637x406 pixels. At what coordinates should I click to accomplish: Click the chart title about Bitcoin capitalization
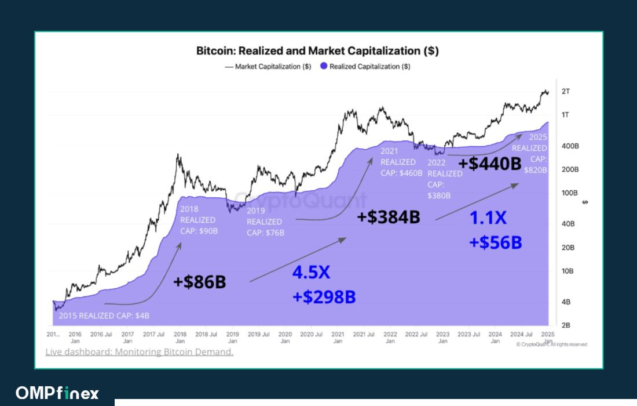[x=317, y=51]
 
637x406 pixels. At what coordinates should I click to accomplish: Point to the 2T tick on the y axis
[x=566, y=92]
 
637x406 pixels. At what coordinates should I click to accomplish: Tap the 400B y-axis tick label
[x=569, y=146]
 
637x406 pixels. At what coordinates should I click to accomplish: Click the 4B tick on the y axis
[x=566, y=302]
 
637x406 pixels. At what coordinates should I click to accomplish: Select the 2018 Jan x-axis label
[x=180, y=338]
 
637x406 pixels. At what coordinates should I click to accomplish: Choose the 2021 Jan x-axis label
[x=338, y=338]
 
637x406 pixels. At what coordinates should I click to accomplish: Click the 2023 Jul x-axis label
[x=468, y=335]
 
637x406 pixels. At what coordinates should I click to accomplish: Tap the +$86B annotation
[x=199, y=282]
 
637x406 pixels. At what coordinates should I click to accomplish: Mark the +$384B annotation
[x=388, y=217]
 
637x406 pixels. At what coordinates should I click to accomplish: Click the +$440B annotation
[x=490, y=164]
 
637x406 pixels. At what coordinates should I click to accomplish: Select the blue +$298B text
[x=324, y=296]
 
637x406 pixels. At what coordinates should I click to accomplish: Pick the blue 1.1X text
[x=488, y=218]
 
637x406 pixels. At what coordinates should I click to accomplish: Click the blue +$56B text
[x=495, y=242]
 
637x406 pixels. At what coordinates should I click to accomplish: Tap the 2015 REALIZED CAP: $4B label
[x=104, y=316]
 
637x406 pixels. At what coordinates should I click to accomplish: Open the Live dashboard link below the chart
[x=139, y=352]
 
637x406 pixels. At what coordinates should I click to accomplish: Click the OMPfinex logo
[x=57, y=393]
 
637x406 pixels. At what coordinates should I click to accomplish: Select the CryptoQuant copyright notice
[x=551, y=345]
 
